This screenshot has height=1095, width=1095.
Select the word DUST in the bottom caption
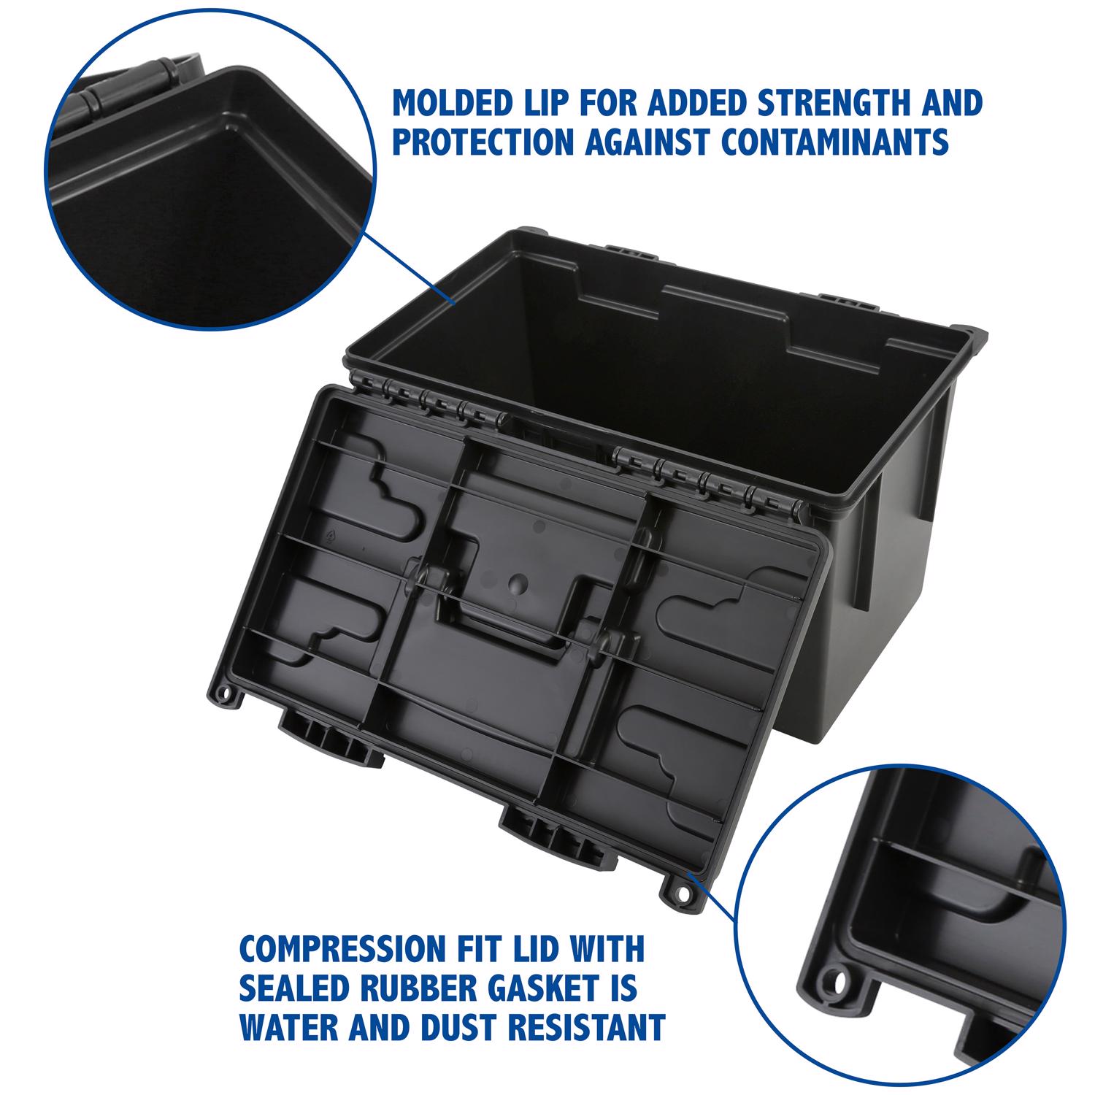[456, 1026]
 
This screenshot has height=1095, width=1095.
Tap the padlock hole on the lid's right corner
[683, 892]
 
